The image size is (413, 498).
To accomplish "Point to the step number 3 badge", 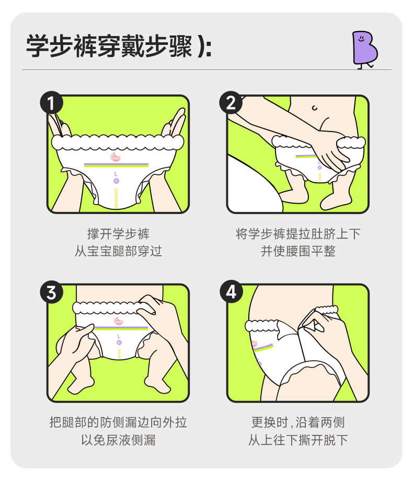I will (51, 293).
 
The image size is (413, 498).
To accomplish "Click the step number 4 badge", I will (231, 293).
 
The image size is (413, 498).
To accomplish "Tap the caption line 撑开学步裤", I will (118, 233).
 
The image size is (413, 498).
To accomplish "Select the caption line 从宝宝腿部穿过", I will (118, 251).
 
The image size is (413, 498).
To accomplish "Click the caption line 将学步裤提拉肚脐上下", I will (298, 233).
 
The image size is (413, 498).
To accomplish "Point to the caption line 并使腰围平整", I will (298, 251).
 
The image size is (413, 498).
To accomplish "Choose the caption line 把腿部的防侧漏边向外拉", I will (118, 422).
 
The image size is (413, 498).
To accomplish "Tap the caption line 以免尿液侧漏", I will (118, 440).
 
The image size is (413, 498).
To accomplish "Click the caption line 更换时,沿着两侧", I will (298, 422).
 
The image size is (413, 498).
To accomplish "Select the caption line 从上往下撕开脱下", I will (298, 440).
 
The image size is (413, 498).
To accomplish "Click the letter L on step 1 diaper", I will (116, 173).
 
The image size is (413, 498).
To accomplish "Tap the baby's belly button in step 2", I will (314, 108).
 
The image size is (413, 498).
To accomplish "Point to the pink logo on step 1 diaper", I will (115, 156).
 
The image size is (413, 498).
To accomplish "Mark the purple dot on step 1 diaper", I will (116, 181).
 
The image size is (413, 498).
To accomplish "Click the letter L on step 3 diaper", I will (119, 336).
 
